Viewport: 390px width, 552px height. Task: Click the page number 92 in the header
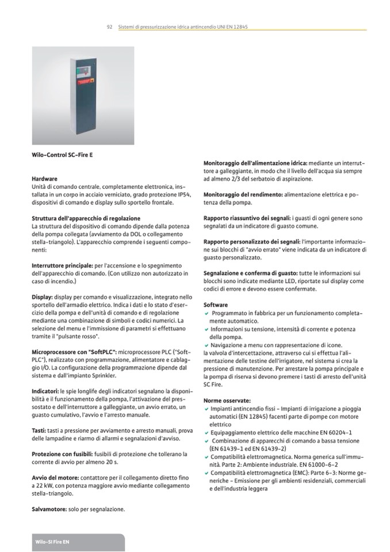(109, 27)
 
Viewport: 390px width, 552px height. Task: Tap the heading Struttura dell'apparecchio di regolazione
(86, 219)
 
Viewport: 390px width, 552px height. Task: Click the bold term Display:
(43, 298)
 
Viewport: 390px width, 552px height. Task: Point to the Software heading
(216, 305)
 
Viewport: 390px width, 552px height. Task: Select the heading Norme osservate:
(227, 400)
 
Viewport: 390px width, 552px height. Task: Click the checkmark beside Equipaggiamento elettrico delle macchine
(207, 432)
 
